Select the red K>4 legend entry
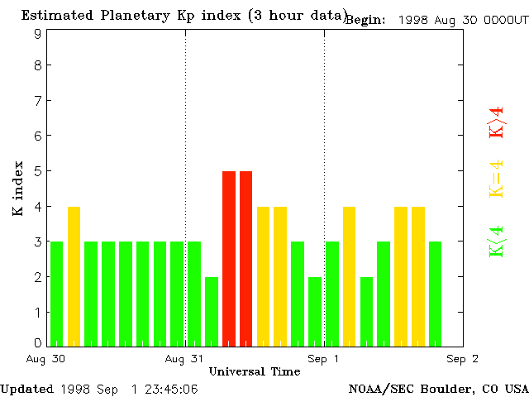[496, 122]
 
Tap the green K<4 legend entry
[496, 241]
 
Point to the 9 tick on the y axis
[38, 34]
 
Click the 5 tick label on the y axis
[38, 171]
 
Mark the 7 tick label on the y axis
[38, 101]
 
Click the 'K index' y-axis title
[18, 189]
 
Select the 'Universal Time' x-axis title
[255, 371]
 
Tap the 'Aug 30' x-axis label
[47, 358]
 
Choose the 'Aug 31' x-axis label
[185, 358]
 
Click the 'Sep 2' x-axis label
[463, 358]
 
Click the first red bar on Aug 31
[229, 258]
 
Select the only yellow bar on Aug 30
[74, 275]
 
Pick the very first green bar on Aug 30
[56, 294]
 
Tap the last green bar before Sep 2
[435, 294]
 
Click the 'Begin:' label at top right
[365, 20]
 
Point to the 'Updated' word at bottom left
[26, 388]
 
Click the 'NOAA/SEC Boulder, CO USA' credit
[437, 388]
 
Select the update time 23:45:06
[169, 388]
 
